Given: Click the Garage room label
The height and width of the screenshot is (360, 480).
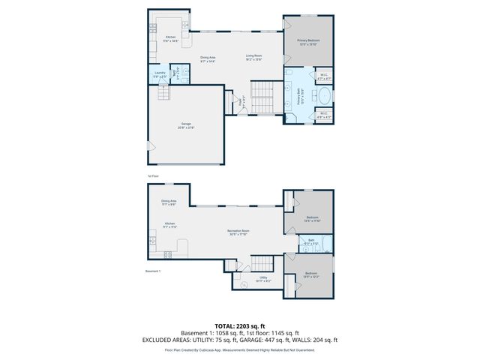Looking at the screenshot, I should click(x=185, y=125).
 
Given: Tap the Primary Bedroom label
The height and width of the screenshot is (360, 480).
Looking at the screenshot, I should click(x=307, y=42).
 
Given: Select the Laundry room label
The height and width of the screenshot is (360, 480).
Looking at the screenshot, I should click(x=160, y=74).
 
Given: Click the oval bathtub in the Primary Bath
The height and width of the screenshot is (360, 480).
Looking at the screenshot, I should click(x=323, y=96).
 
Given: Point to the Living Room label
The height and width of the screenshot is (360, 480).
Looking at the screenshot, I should click(x=253, y=58).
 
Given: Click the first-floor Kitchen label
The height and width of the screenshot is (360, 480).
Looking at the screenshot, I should click(x=170, y=39).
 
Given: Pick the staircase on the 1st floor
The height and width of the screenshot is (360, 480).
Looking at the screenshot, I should click(x=263, y=97).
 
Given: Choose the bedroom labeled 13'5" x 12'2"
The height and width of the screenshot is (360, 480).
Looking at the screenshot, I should click(x=310, y=274).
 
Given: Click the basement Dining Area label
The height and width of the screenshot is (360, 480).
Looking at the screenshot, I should click(x=169, y=202).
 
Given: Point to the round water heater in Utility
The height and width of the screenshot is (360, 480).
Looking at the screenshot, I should click(x=245, y=283).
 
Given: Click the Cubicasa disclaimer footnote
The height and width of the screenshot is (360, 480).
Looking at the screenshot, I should click(x=239, y=349).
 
